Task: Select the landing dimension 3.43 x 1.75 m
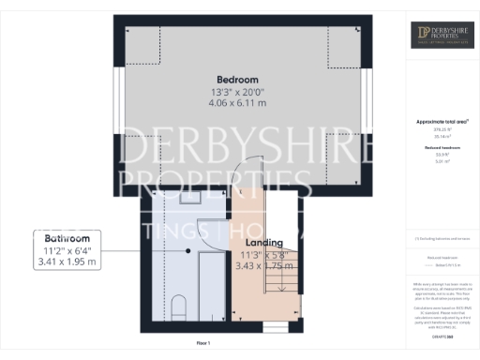[258, 266]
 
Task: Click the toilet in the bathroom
[179, 307]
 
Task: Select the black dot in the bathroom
[188, 251]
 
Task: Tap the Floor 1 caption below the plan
[202, 344]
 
